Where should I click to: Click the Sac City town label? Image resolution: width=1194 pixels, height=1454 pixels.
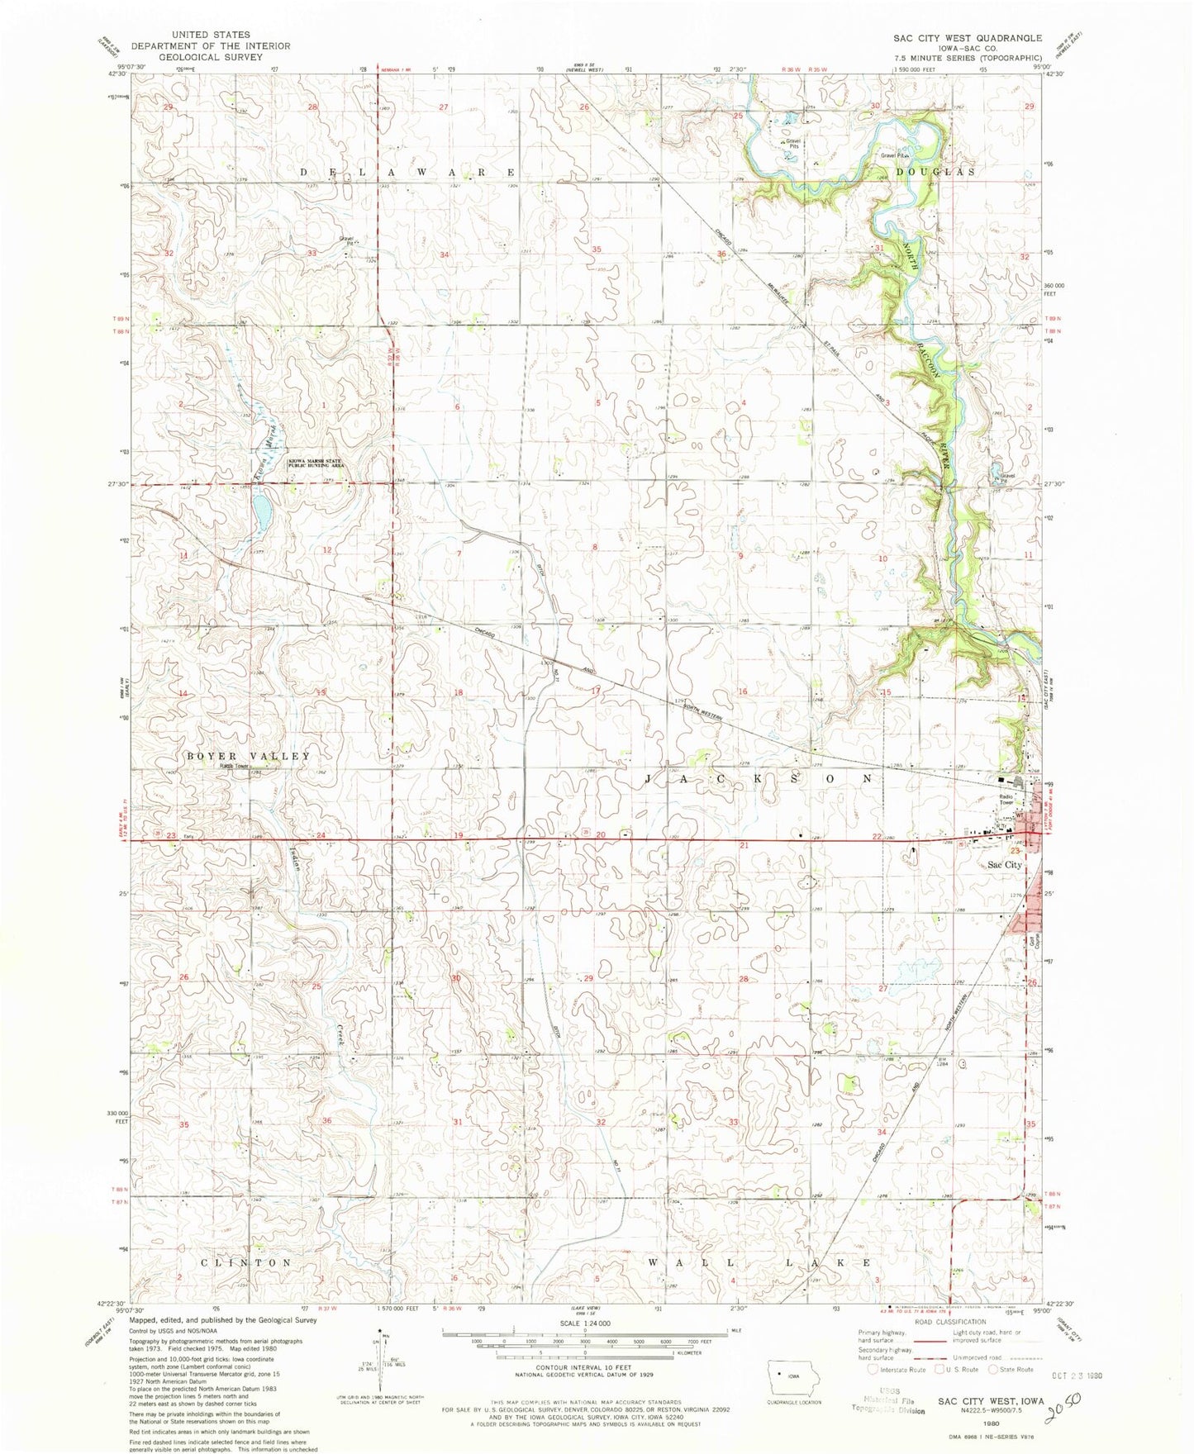[1005, 864]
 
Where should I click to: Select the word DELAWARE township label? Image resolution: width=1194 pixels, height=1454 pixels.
[407, 172]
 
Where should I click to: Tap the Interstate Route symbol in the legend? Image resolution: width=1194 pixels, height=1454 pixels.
[873, 1392]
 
